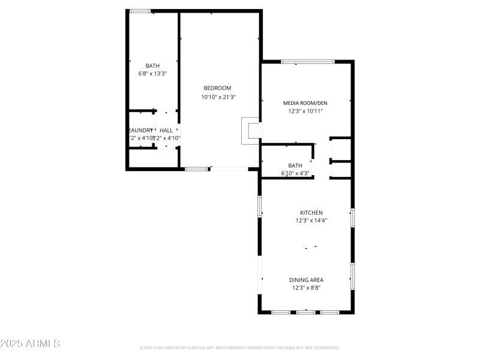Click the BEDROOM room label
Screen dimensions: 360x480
point(217,88)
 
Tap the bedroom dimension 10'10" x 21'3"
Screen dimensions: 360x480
point(218,97)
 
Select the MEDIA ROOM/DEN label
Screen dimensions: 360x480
point(305,103)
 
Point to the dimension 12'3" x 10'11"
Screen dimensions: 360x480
point(305,111)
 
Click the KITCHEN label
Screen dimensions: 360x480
point(311,212)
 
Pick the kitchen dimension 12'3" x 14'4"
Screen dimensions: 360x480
point(311,220)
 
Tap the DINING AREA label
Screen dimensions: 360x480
point(307,280)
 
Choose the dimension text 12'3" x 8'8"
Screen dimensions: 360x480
point(307,288)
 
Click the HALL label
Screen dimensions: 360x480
point(166,130)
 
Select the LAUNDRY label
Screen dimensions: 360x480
point(141,130)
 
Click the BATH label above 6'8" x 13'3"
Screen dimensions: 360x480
point(152,66)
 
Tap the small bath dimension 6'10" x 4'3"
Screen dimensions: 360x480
point(295,173)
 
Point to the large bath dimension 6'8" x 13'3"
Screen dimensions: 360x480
point(152,74)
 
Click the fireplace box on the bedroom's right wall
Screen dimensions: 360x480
point(250,131)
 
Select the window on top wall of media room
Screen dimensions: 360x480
point(308,61)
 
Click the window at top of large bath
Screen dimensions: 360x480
point(140,11)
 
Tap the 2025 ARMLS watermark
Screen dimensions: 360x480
point(30,344)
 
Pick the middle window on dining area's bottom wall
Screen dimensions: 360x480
point(306,312)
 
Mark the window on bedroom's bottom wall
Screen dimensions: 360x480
point(196,169)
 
